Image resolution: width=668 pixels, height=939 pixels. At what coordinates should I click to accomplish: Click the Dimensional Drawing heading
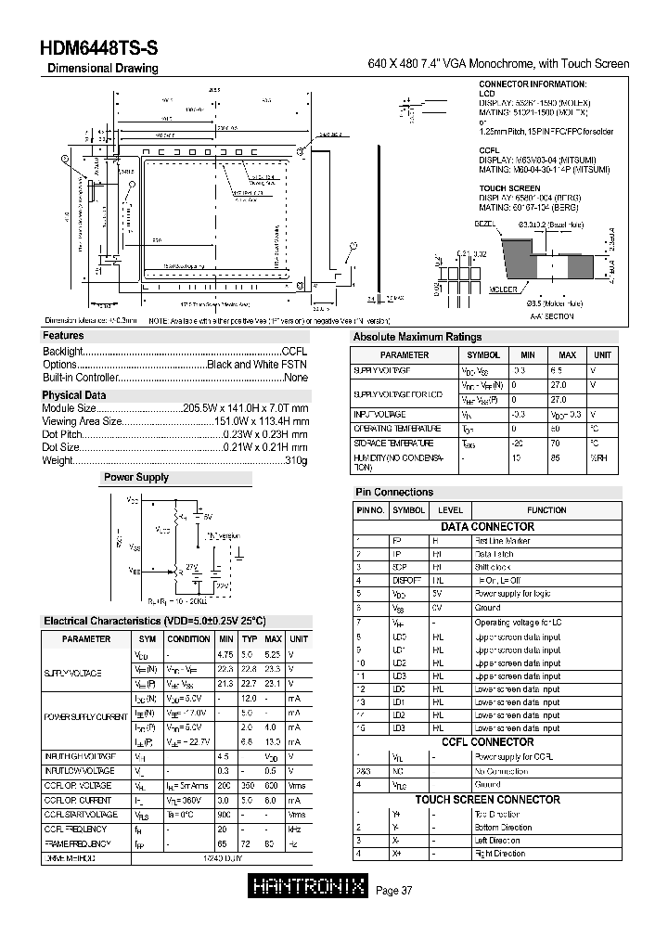[102, 69]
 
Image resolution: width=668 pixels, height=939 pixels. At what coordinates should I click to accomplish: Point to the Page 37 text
[394, 891]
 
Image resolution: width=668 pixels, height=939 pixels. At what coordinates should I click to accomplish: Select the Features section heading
[63, 336]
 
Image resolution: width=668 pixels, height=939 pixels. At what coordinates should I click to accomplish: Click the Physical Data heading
[74, 395]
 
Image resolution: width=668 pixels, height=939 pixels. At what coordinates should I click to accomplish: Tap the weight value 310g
[296, 460]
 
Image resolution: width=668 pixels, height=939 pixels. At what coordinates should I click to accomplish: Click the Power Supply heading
[135, 478]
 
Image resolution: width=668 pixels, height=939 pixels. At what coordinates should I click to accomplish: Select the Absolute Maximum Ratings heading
[417, 338]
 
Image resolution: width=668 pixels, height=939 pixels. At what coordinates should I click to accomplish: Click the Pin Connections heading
[394, 493]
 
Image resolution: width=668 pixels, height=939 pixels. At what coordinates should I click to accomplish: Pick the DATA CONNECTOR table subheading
[487, 527]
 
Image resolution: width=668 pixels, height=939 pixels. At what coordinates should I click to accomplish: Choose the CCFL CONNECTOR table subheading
[487, 742]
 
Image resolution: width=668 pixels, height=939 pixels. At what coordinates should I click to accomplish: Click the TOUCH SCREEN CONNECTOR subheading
[487, 800]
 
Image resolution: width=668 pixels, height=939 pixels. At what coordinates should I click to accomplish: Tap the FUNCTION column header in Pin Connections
[546, 510]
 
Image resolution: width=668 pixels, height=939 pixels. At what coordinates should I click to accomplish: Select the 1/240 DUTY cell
[224, 858]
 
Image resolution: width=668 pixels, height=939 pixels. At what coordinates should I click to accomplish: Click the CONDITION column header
[188, 639]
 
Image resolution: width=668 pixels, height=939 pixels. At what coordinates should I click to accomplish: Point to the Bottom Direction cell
[503, 827]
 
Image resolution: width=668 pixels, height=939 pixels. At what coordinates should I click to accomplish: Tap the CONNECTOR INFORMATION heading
[533, 84]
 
